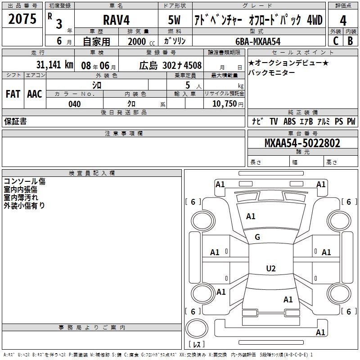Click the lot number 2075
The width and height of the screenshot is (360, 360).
click(x=22, y=19)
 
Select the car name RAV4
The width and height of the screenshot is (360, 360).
click(x=116, y=20)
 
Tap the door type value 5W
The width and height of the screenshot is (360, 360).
click(x=174, y=20)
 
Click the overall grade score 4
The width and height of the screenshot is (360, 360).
click(x=343, y=21)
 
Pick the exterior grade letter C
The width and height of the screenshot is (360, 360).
click(x=336, y=41)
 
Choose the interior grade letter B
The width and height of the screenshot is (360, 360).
click(x=350, y=41)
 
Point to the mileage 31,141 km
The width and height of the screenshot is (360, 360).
click(x=54, y=65)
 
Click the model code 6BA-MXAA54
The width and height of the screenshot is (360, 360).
click(x=258, y=41)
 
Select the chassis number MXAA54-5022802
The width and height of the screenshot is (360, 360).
click(x=302, y=143)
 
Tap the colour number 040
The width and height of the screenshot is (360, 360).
click(x=75, y=104)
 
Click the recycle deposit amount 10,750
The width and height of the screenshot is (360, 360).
click(x=225, y=104)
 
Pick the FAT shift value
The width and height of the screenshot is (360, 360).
click(x=13, y=94)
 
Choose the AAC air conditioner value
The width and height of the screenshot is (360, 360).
click(x=35, y=94)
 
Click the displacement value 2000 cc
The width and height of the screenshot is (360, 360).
click(x=141, y=42)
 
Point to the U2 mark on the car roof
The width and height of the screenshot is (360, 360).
click(x=271, y=268)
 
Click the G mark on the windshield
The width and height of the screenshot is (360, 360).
click(x=257, y=237)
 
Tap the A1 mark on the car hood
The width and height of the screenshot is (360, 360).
click(x=251, y=216)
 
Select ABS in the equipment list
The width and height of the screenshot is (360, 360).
click(x=289, y=121)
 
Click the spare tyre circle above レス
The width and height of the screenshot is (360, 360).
click(x=197, y=328)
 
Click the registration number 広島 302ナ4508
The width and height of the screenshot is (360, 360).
click(x=171, y=66)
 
